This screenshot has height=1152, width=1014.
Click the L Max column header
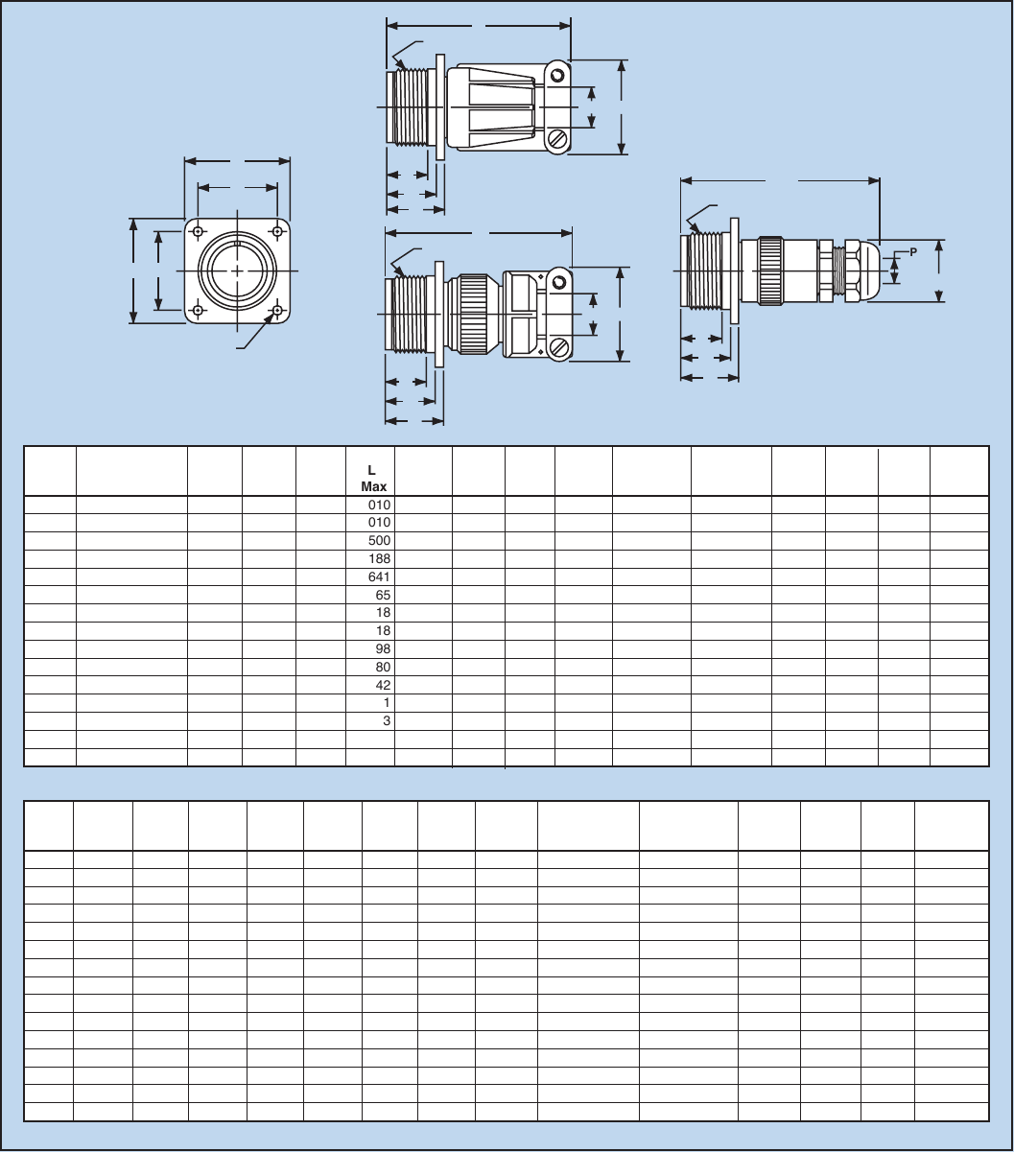371,478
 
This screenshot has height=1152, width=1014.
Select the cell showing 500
380,541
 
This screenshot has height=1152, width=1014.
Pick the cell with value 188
380,559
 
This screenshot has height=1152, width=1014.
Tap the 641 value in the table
380,577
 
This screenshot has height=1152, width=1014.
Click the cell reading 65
383,596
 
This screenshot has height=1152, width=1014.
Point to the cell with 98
383,649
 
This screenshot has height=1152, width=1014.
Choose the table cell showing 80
383,668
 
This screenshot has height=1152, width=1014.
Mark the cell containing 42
383,686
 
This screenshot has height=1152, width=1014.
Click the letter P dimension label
913,252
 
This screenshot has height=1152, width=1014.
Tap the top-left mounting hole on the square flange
198,232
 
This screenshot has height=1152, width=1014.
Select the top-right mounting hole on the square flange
277,232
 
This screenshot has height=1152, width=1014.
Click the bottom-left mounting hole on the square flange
198,312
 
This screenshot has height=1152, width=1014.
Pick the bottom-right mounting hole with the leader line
277,312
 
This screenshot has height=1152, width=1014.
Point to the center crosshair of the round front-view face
237,271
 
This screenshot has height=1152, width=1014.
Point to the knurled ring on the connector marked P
770,271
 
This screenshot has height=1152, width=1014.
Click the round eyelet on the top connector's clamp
557,75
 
